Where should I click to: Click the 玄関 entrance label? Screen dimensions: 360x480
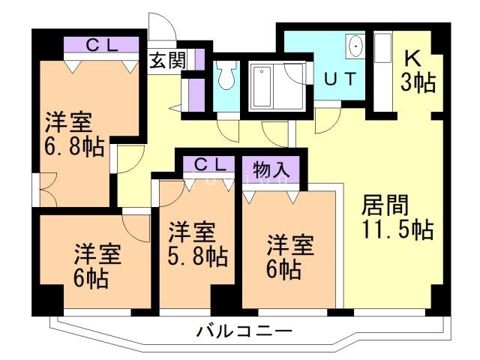coord(168,60)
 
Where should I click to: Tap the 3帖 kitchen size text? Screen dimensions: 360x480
coord(418,82)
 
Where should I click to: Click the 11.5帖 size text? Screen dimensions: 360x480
coord(397,229)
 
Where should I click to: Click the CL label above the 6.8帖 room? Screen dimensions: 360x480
coord(101,45)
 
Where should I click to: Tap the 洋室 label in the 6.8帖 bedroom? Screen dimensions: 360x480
coord(68,120)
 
